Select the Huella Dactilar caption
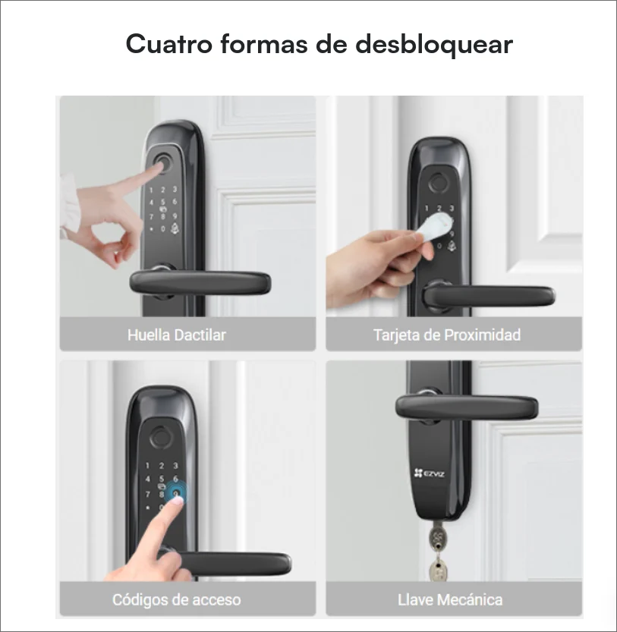coord(176,335)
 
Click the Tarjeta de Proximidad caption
coord(447,335)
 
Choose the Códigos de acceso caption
coord(176,600)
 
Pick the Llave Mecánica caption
coord(450,600)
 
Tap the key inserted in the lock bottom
coord(437,539)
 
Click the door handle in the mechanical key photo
coord(471,407)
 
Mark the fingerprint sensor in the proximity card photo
coord(439,184)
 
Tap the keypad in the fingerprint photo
coord(165,212)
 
